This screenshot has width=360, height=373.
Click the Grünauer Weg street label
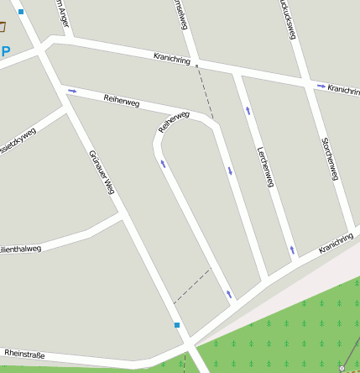tap(101, 172)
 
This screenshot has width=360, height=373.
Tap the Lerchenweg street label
tap(266, 165)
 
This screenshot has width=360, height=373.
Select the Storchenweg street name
tap(330, 159)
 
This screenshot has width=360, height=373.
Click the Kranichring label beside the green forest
tap(336, 244)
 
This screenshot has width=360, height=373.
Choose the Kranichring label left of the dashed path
tap(173, 59)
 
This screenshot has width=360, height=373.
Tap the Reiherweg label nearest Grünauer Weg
tap(121, 101)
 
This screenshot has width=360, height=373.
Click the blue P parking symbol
tap(6, 51)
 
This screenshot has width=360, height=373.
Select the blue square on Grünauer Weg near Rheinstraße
tap(177, 325)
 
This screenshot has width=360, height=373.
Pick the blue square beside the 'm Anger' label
tap(21, 12)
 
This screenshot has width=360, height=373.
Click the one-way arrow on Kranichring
tap(321, 86)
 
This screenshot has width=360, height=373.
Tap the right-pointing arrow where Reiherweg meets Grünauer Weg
tap(72, 90)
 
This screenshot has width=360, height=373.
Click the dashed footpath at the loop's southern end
tap(191, 286)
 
